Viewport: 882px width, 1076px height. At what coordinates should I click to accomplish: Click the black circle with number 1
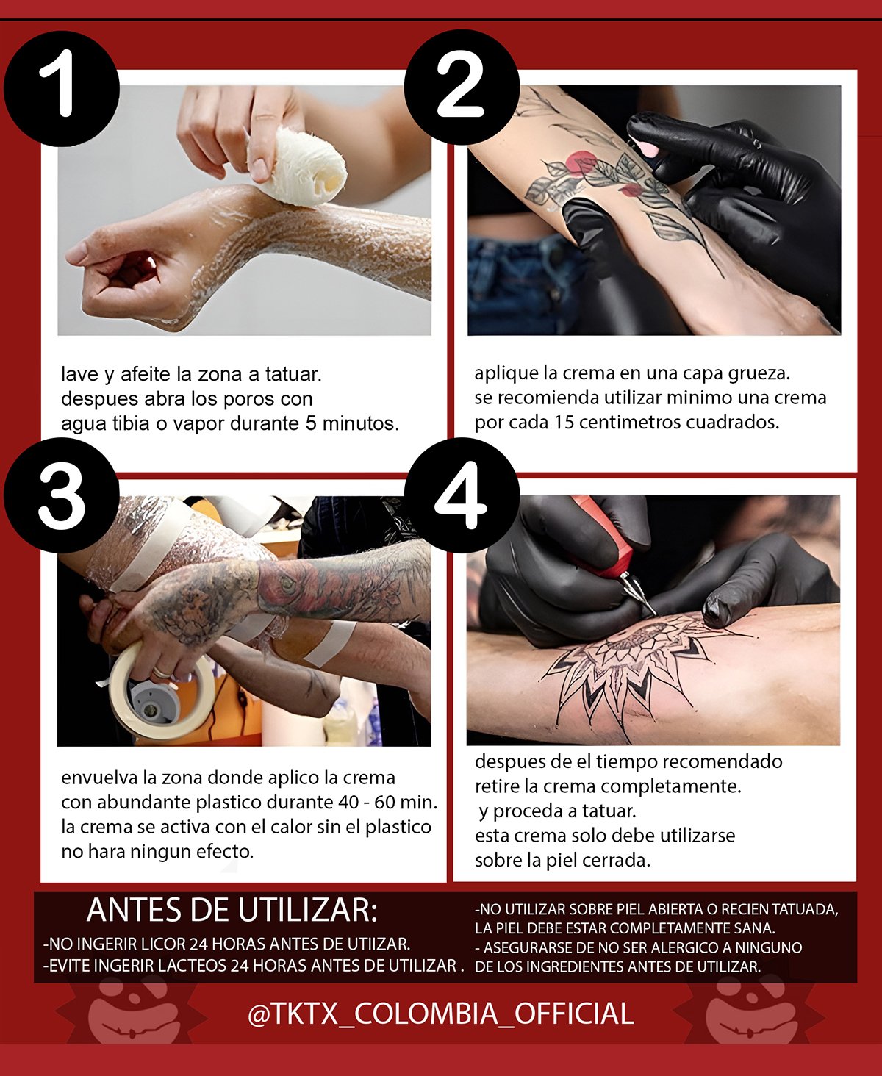[62, 88]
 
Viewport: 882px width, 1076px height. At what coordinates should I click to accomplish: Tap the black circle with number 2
[462, 87]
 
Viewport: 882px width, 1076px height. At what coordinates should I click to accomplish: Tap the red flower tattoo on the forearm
[581, 163]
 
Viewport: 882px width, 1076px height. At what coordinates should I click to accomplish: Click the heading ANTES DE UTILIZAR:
[232, 911]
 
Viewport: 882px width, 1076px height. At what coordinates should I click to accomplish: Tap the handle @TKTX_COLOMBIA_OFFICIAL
[441, 1014]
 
